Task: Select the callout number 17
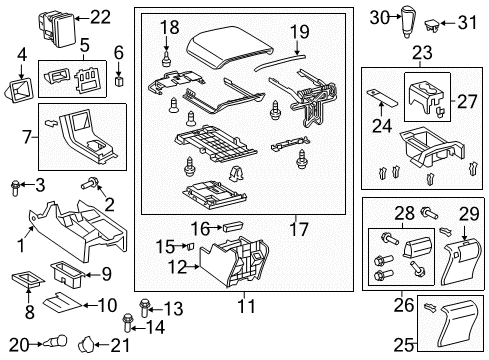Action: (x=296, y=230)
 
